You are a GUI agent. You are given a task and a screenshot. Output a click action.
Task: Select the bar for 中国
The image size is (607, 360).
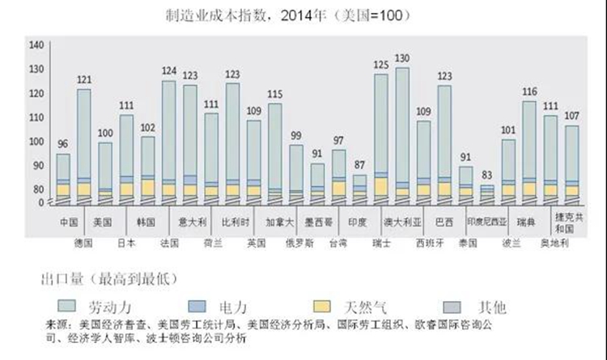click(63, 178)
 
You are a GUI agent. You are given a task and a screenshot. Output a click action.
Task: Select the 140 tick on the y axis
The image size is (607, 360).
click(36, 45)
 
